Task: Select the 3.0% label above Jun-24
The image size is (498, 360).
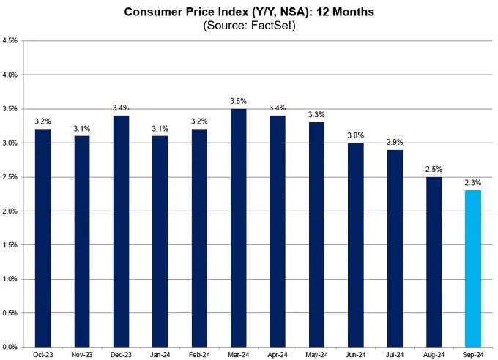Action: [x=355, y=135]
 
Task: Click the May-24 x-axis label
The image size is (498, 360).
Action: [x=316, y=355]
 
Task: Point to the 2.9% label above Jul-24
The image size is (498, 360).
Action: [x=395, y=142]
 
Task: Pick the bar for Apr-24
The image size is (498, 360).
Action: [x=276, y=231]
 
